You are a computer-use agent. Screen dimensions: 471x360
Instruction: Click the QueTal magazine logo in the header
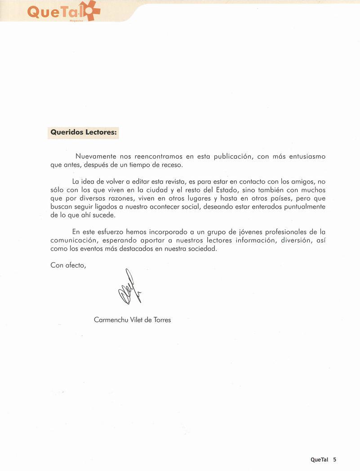[63, 11]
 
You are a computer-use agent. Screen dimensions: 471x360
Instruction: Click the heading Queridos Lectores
[84, 133]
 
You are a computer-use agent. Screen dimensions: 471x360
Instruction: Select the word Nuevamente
[96, 157]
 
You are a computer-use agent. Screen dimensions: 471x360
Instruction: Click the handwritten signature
[129, 288]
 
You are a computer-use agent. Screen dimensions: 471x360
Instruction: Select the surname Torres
[161, 320]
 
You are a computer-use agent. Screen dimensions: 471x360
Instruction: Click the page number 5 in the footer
[335, 460]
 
